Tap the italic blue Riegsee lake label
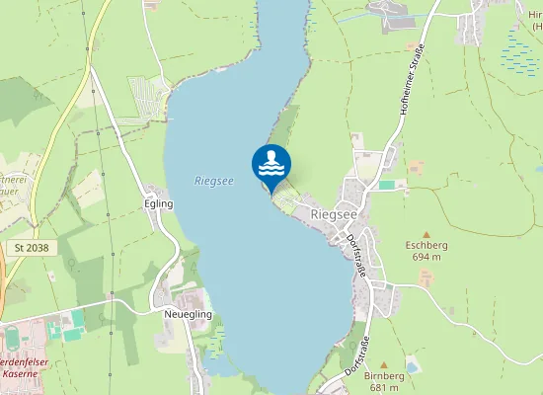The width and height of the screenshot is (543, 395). [x=214, y=181]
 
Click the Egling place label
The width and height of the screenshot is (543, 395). [x=158, y=203]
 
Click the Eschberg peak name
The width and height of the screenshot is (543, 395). [x=427, y=245]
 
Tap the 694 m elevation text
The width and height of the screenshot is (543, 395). [x=427, y=257]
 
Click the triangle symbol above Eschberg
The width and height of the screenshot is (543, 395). [x=426, y=233]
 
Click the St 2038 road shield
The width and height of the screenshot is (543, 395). [x=31, y=247]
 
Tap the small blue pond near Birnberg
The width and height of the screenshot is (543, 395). [x=412, y=366]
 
